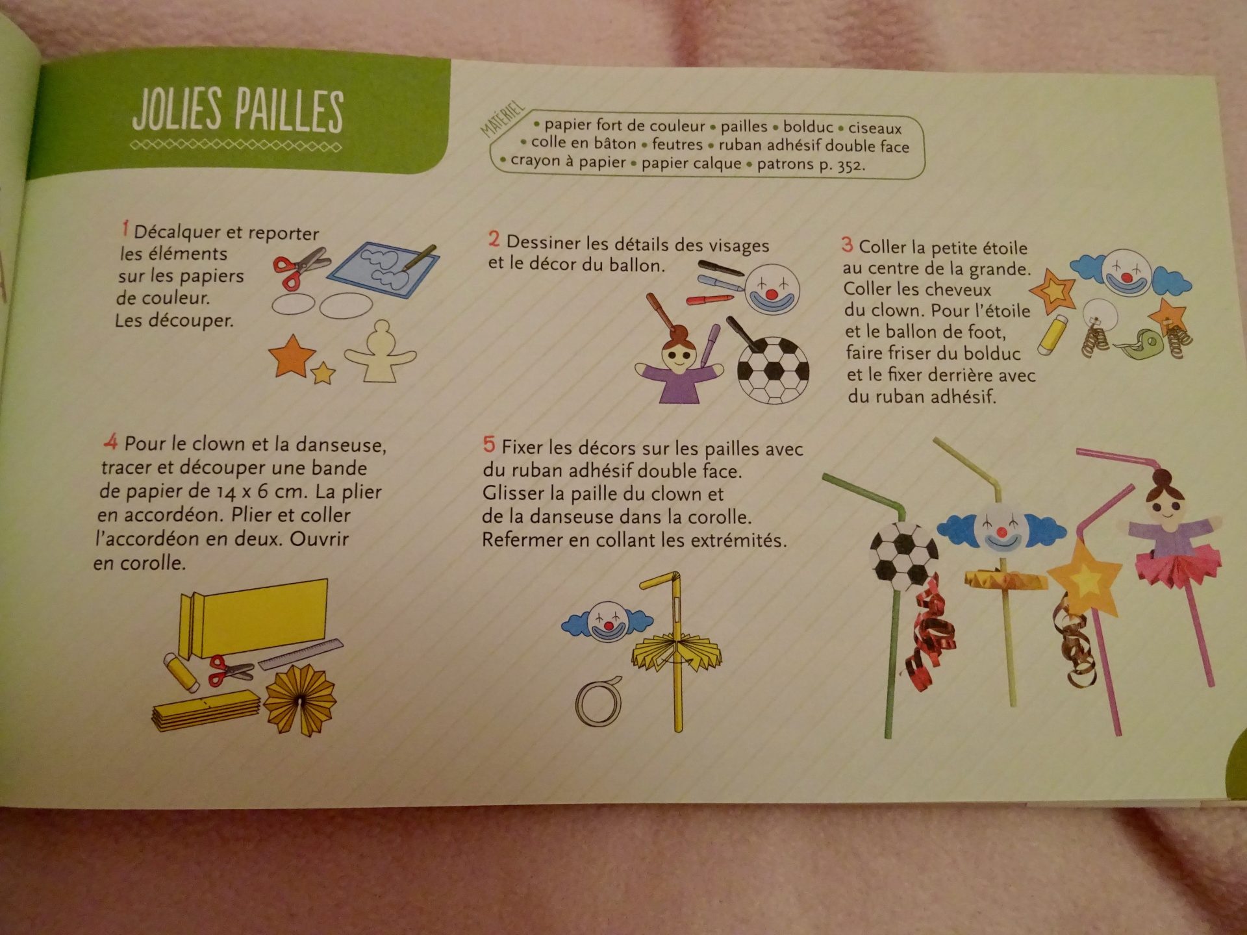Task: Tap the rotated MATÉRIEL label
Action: click(502, 119)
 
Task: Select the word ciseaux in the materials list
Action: click(875, 128)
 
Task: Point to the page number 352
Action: click(850, 166)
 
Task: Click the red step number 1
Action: click(125, 229)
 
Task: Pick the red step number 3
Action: click(847, 245)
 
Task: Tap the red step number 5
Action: click(489, 445)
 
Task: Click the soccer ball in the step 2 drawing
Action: click(773, 370)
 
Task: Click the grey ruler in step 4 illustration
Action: click(301, 654)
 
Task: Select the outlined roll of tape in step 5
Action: click(598, 701)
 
